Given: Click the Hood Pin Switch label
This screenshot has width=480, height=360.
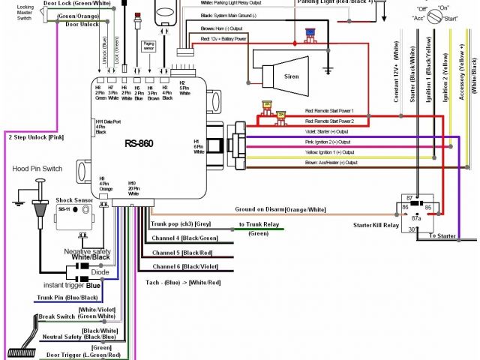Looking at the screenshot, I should click(34, 169).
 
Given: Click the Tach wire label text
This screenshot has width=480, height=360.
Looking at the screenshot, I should click(184, 283).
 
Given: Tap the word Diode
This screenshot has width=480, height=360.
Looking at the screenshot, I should click(89, 272).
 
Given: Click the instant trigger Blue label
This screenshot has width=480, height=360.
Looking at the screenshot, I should click(72, 286).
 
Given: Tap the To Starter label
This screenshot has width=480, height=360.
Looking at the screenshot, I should click(442, 235).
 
